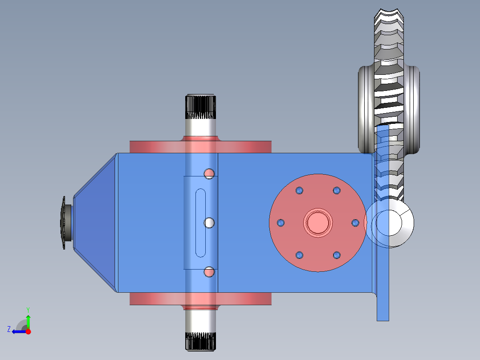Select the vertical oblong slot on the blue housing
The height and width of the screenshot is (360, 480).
point(201,223)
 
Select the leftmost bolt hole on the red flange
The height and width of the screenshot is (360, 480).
point(281,222)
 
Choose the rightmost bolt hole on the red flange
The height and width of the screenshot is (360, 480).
point(355,222)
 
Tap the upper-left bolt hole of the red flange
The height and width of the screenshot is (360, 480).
point(299,191)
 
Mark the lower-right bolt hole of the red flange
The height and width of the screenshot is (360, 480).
point(337,255)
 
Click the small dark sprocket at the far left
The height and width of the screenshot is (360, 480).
point(63,223)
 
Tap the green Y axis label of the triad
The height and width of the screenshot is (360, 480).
point(28,309)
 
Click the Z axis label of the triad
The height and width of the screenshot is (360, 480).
point(9,329)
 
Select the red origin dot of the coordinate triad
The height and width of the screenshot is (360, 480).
point(28,331)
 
